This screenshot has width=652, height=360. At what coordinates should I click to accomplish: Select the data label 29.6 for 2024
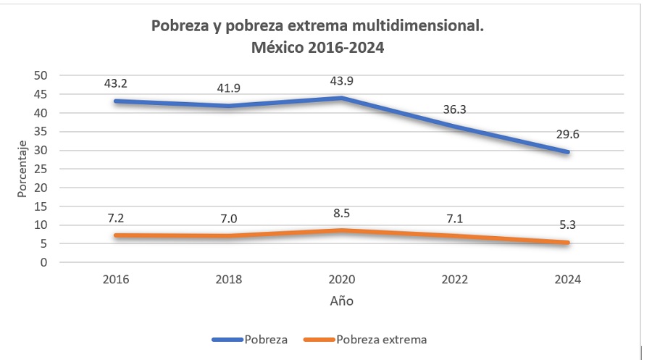(569, 133)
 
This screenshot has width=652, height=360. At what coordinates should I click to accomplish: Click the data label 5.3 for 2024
(569, 224)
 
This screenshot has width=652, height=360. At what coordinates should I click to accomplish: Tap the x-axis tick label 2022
(456, 280)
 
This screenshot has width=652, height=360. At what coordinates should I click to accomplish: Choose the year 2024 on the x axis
(568, 280)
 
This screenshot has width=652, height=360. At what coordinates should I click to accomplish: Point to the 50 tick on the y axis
(41, 75)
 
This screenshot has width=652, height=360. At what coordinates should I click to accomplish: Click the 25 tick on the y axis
(41, 169)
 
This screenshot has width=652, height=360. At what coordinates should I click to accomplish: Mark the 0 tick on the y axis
(45, 262)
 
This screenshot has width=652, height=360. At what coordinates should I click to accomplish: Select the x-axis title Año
(342, 301)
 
